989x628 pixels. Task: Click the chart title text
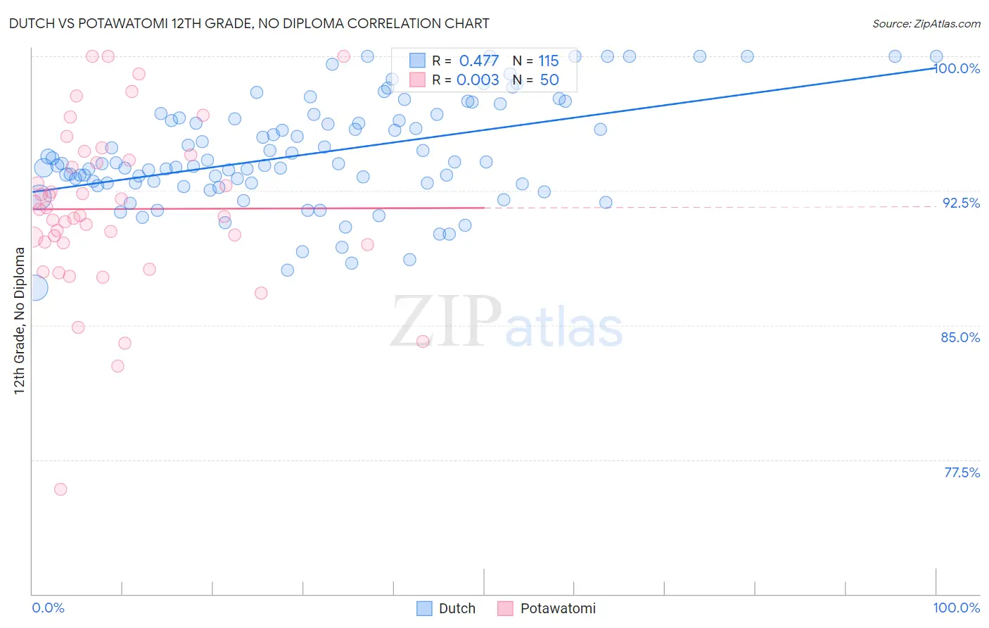(249, 23)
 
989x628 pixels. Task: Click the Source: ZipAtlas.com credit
(926, 24)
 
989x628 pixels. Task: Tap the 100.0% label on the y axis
(957, 68)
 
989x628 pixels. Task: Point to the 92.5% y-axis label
(961, 203)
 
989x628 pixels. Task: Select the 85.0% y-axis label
(960, 337)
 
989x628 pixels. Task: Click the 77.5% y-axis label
(962, 472)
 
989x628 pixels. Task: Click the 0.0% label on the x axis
(48, 608)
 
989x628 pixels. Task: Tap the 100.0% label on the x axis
(956, 608)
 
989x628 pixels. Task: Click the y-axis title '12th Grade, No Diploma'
(20, 320)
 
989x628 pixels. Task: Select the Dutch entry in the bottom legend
(446, 608)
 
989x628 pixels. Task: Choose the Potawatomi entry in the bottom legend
(547, 608)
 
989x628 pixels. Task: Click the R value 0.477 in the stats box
(478, 61)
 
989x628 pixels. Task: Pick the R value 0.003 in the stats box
(478, 80)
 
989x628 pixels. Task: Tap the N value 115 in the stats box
(548, 61)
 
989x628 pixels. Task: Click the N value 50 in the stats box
(549, 80)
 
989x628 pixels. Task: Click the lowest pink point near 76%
(60, 489)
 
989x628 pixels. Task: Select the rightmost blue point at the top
(936, 56)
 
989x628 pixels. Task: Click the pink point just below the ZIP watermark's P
(423, 341)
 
